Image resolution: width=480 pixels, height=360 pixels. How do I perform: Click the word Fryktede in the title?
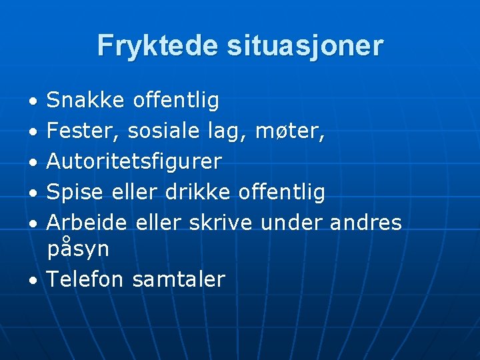pos(158,46)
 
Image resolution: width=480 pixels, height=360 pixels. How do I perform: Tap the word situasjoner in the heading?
pos(305,46)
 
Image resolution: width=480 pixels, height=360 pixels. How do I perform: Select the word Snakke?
pos(85,101)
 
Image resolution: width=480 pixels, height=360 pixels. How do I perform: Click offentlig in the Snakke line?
pos(176,101)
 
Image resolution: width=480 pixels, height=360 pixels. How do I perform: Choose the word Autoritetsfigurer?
pos(134,161)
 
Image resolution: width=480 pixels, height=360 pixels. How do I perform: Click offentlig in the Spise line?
pos(282,192)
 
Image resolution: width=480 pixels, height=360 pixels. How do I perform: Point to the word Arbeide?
pos(87,223)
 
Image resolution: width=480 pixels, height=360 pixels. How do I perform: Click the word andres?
pos(366,223)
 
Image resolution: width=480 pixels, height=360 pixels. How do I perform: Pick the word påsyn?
pos(78,249)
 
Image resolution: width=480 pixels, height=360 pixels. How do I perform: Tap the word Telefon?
pos(85,279)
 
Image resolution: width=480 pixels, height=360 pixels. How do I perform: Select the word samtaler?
pos(179,279)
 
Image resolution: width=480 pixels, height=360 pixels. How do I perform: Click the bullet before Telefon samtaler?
pos(32,281)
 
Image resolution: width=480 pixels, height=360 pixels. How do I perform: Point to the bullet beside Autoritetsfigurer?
pos(32,163)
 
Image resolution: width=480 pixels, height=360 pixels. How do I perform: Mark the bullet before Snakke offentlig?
pos(32,102)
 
